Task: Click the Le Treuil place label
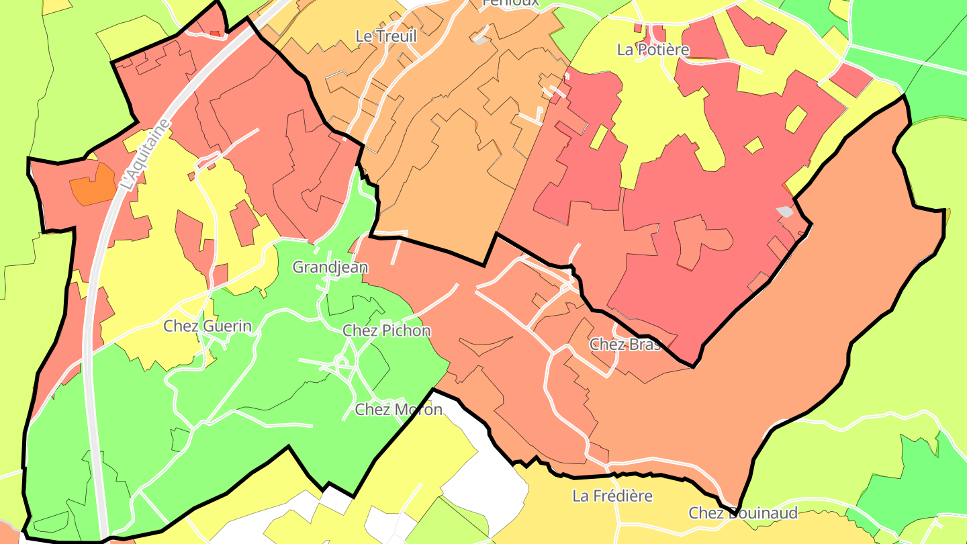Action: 386,36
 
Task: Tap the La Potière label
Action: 653,50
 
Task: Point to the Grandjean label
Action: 330,267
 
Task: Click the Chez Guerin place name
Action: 208,326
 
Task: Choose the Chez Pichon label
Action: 386,330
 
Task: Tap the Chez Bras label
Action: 625,345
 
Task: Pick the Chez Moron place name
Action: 398,409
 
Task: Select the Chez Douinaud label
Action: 743,514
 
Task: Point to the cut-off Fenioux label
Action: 510,3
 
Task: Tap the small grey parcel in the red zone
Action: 784,212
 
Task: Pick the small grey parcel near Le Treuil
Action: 481,40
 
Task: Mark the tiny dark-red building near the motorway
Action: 215,32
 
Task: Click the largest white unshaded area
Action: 497,463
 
